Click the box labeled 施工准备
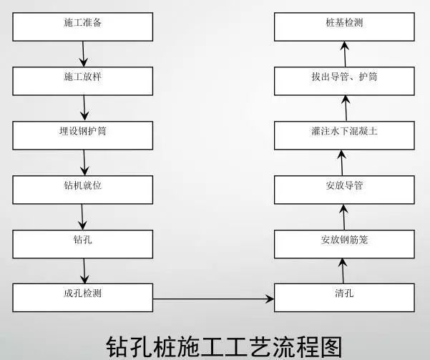[83, 24]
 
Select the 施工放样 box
[83, 77]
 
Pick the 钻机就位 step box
[83, 186]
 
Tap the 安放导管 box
[344, 186]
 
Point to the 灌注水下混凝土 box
[344, 132]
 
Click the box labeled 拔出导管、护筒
[344, 77]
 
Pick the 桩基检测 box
[344, 24]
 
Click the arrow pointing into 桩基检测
[344, 51]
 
